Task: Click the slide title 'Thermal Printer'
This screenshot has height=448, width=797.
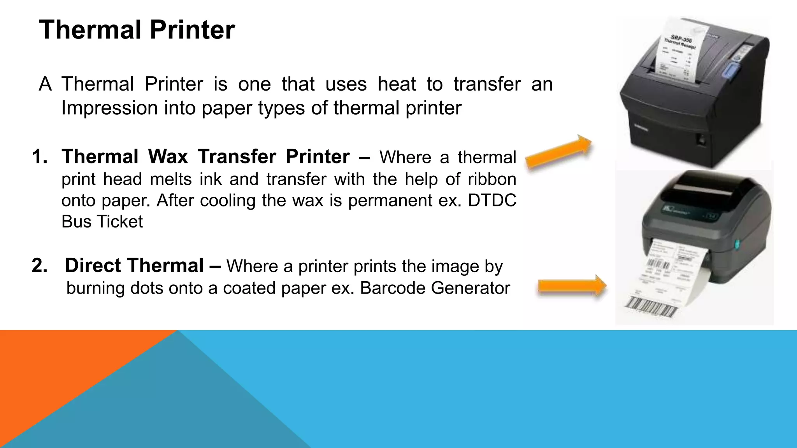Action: coord(137,30)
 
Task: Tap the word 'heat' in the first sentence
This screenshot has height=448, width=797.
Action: coord(397,84)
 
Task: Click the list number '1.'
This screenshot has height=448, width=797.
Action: coord(40,157)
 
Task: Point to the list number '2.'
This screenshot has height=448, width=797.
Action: coord(40,266)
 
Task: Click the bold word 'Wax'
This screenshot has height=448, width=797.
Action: coord(168,157)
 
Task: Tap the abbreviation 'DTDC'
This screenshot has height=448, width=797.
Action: coord(492,201)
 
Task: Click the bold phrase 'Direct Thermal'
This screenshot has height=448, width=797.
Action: coord(134,266)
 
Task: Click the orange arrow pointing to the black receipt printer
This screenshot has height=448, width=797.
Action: coord(559,152)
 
